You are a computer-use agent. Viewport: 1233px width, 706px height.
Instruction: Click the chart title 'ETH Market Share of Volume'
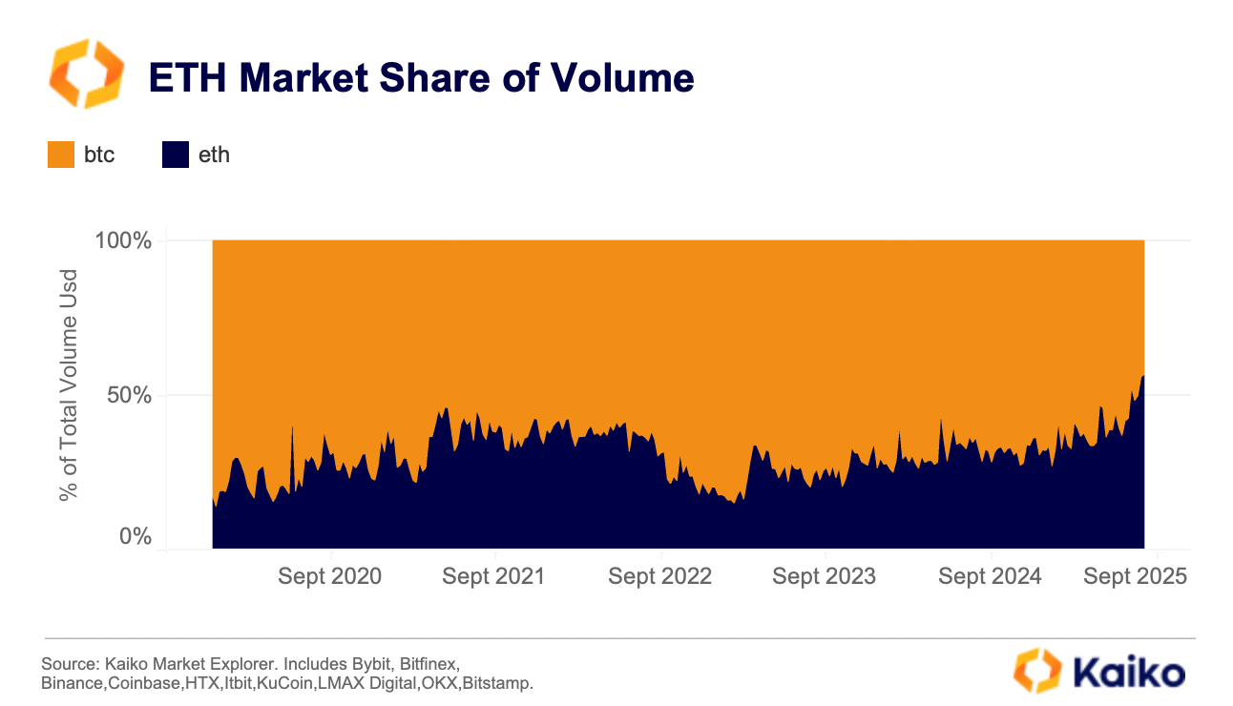pos(420,78)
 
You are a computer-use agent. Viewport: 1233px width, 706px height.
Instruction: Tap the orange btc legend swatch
pos(61,155)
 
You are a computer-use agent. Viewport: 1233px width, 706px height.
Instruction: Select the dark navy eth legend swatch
pos(176,155)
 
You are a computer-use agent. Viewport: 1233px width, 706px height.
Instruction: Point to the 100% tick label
pos(123,240)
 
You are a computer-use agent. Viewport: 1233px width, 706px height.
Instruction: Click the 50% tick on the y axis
pos(130,394)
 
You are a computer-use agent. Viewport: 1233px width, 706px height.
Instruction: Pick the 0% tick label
pos(136,537)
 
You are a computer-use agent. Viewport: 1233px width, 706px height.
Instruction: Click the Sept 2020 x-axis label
pos(330,576)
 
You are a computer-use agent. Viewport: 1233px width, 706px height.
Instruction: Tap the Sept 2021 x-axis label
pos(494,576)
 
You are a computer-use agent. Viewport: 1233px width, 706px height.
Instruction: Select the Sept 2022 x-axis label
pos(659,576)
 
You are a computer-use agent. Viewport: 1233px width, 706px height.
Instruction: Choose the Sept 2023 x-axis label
pos(825,576)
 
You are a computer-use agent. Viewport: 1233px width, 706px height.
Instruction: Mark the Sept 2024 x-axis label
pos(990,576)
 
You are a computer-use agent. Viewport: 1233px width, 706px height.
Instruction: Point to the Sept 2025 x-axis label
pos(1136,576)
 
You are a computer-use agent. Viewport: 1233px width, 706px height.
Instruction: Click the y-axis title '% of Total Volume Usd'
pos(69,385)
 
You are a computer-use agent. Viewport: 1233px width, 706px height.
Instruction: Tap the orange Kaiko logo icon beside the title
pos(86,73)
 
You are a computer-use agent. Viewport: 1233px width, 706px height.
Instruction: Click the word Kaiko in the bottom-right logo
pos(1129,672)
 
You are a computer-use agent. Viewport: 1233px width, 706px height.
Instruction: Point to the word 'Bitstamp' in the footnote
pos(497,684)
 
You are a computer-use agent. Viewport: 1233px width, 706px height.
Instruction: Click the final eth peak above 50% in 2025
pos(1142,378)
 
